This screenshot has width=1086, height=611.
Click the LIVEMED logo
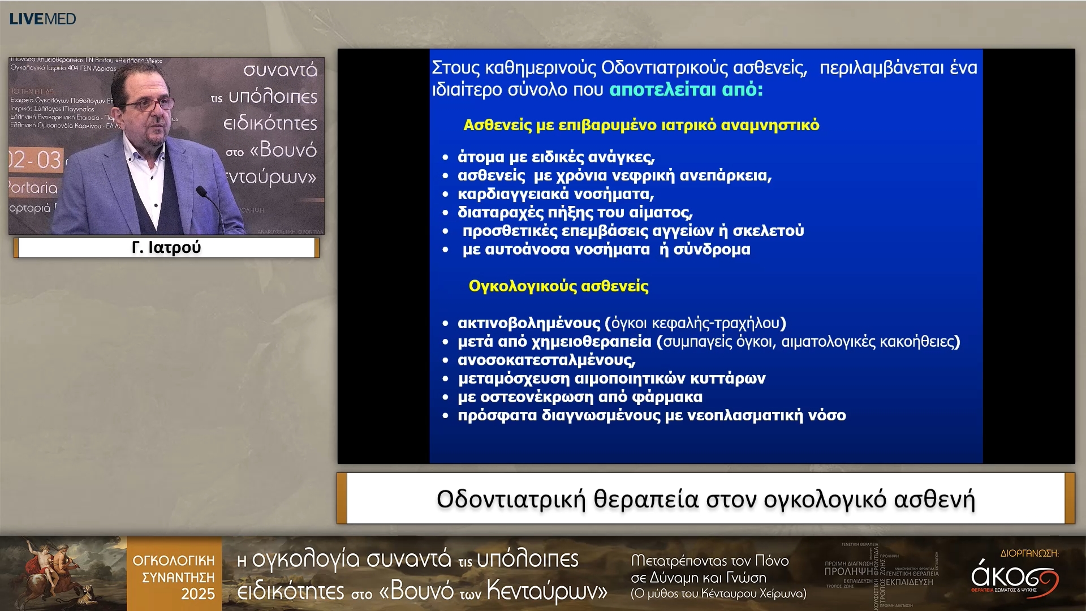[x=42, y=19]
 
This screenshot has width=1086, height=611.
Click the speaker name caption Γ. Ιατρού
[x=166, y=248]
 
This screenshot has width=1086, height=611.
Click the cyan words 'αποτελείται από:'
[x=686, y=89]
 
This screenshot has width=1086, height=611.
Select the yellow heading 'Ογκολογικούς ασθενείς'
[x=558, y=286]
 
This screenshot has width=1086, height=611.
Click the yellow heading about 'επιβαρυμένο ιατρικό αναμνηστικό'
[x=641, y=125]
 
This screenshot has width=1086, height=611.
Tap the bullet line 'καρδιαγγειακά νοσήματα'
[x=555, y=194]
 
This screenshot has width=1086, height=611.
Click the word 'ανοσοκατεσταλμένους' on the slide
[x=546, y=360]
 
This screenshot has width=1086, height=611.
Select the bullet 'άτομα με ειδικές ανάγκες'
[x=555, y=157]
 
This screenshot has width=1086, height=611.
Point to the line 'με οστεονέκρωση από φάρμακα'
[x=580, y=397]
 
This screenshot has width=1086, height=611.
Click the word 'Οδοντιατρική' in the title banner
[x=511, y=500]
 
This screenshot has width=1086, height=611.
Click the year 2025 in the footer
[x=197, y=594]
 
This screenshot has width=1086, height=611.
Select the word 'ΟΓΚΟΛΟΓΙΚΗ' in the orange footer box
[x=174, y=561]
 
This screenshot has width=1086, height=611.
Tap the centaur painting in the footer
[x=62, y=573]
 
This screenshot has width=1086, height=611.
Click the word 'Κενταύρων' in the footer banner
[x=546, y=591]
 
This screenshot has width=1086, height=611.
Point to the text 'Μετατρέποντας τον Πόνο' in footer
[x=709, y=561]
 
